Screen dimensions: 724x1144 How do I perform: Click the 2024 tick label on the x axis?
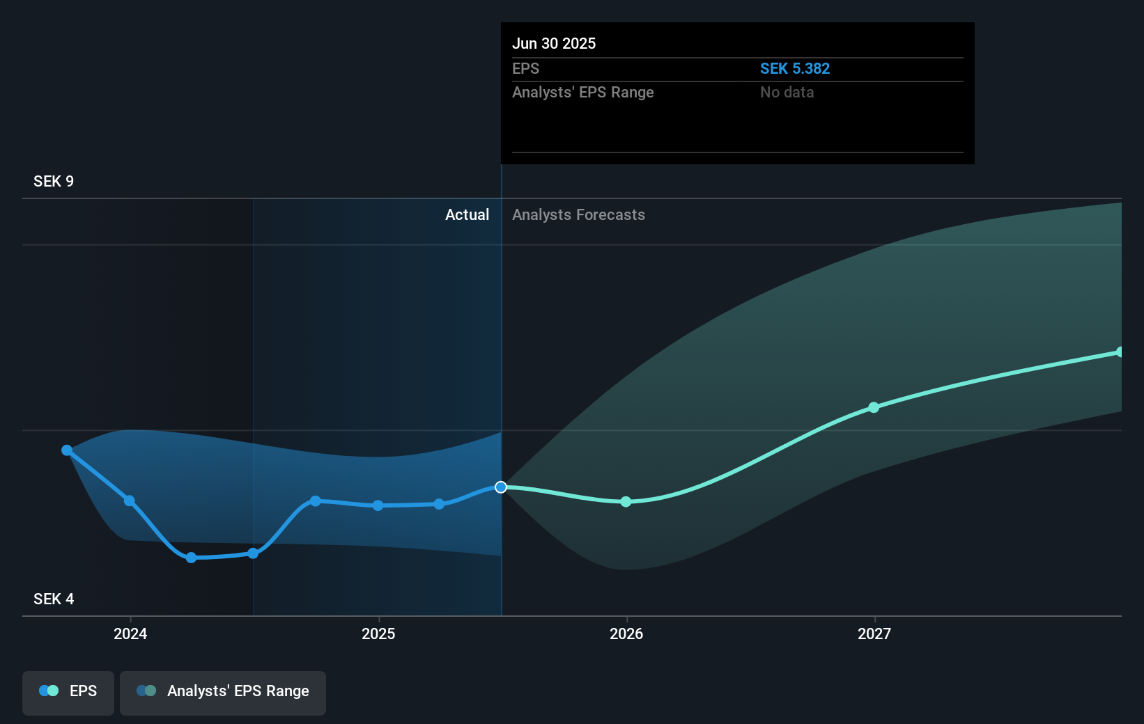pyautogui.click(x=130, y=633)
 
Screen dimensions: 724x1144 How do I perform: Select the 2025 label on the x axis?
pyautogui.click(x=378, y=633)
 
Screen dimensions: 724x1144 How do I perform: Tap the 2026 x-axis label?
pyautogui.click(x=626, y=633)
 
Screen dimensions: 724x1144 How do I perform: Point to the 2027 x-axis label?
pyautogui.click(x=874, y=633)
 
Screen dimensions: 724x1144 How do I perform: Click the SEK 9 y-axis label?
pyautogui.click(x=54, y=182)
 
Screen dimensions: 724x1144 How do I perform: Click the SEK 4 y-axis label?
pyautogui.click(x=54, y=599)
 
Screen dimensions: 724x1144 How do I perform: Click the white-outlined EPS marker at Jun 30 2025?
pyautogui.click(x=501, y=487)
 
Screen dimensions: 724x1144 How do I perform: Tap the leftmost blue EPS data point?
pyautogui.click(x=67, y=450)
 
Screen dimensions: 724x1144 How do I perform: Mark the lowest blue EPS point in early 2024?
pyautogui.click(x=192, y=558)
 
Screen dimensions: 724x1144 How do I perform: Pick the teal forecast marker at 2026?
pyautogui.click(x=626, y=502)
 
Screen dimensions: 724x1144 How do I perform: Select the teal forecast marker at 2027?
pyautogui.click(x=874, y=407)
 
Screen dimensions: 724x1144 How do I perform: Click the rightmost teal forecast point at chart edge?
pyautogui.click(x=1120, y=352)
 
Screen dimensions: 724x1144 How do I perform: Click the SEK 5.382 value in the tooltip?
pyautogui.click(x=794, y=69)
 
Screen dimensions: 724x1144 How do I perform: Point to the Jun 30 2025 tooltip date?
pyautogui.click(x=554, y=44)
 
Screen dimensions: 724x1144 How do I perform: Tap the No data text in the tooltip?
pyautogui.click(x=787, y=93)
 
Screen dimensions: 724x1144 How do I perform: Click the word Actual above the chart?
pyautogui.click(x=467, y=215)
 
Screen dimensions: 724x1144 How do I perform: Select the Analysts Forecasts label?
pyautogui.click(x=578, y=215)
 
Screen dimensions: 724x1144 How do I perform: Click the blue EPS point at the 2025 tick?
pyautogui.click(x=378, y=505)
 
